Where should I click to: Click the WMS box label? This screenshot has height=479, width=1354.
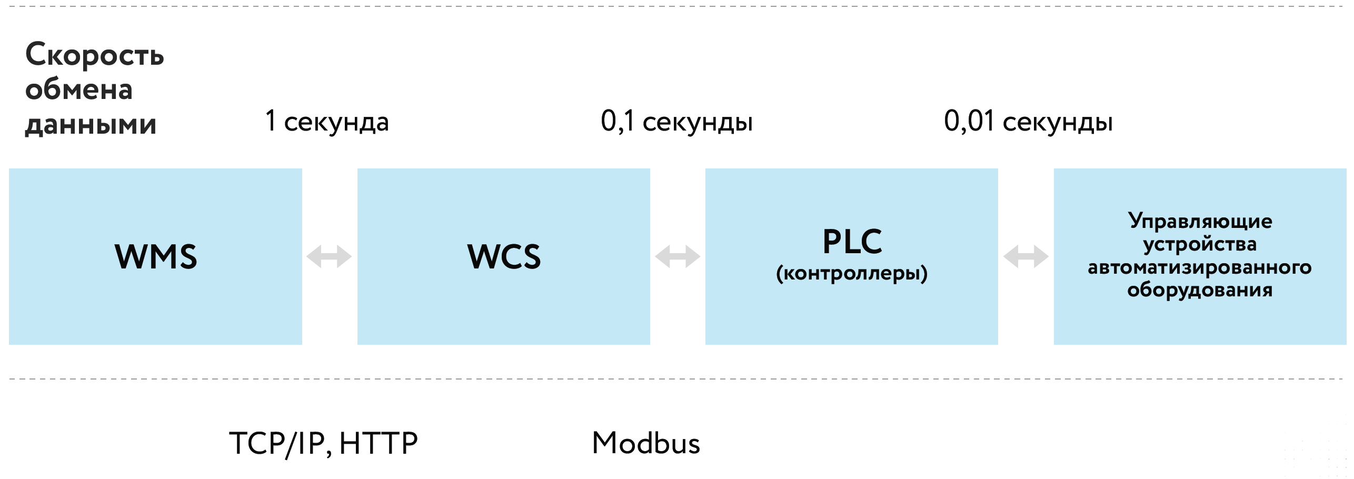point(156,257)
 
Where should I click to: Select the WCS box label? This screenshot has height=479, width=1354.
point(504,257)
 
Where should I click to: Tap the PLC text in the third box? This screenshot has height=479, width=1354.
point(852,242)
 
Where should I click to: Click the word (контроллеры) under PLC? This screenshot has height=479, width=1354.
point(852,273)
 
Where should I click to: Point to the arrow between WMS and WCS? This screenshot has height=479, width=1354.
point(329,257)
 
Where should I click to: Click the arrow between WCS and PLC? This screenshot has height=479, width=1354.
point(678,257)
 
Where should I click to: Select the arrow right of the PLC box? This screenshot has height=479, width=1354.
point(1026,257)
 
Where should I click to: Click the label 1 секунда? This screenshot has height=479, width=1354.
point(327,122)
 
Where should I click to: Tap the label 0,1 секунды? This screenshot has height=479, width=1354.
point(676,122)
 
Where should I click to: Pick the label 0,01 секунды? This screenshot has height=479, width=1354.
point(1028,122)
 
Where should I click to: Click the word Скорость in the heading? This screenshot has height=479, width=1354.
point(95,55)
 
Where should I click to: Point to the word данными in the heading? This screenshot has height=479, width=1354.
point(91,125)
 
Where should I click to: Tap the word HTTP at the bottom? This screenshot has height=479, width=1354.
point(379,443)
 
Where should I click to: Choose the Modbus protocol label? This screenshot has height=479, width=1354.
point(646,443)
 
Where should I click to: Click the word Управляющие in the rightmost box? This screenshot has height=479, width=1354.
point(1200,222)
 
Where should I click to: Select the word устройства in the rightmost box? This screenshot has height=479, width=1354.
point(1200,244)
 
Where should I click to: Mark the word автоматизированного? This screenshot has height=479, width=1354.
point(1200,267)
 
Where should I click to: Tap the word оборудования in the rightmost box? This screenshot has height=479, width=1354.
point(1200,290)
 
